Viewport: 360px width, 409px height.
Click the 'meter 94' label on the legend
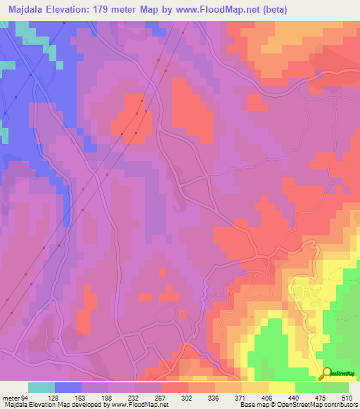(x=14, y=396)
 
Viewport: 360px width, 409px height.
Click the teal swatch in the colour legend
(x=41, y=387)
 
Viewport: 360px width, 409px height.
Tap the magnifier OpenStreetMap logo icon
(x=327, y=374)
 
